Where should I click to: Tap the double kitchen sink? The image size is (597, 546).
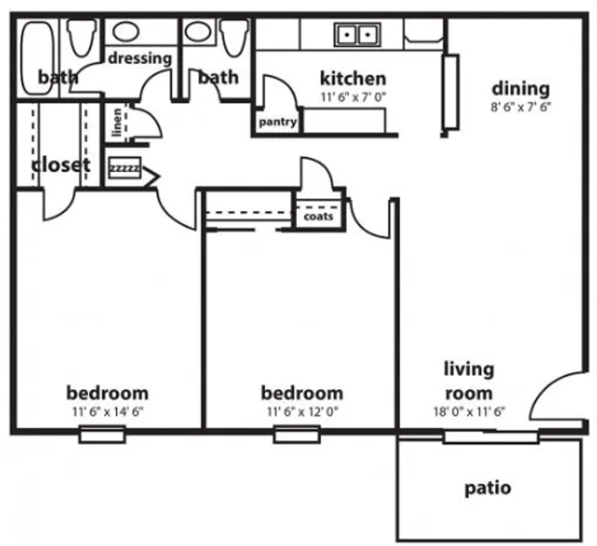[357, 35]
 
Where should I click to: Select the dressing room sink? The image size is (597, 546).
[126, 31]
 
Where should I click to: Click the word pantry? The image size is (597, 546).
[278, 122]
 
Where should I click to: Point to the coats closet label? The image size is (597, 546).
[318, 216]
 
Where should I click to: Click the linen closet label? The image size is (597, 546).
[117, 123]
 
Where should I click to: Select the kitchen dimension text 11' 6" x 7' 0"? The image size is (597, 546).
[353, 97]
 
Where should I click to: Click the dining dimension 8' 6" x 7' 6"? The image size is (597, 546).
[521, 107]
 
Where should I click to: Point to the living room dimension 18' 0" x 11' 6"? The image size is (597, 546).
[469, 412]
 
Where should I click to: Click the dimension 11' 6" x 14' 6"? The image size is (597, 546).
[108, 412]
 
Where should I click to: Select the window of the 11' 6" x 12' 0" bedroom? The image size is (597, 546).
[297, 434]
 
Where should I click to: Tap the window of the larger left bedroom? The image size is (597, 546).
[102, 434]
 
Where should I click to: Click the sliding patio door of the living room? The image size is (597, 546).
[490, 436]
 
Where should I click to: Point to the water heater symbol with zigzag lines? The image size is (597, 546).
[125, 168]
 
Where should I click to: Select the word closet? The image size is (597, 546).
[61, 165]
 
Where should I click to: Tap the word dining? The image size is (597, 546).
[521, 89]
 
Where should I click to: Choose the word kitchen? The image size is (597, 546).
[353, 79]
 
